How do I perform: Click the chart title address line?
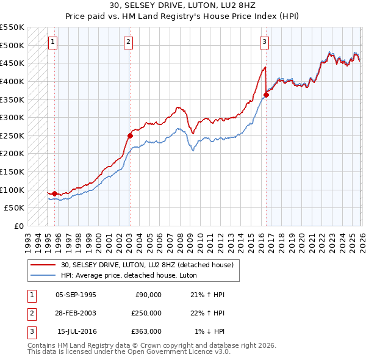point(183,6)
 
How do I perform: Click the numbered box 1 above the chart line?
point(53,42)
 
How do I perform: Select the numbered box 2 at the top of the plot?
point(129,42)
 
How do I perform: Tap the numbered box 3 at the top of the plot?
point(264,42)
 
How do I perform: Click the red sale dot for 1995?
point(55,193)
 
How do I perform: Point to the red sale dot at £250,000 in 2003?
point(130,135)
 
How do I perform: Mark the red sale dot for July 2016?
point(266,95)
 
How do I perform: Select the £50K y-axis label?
point(15,207)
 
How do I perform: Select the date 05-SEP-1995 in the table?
point(76,295)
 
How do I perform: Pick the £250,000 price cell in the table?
point(146,313)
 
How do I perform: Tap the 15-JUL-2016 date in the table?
point(76,331)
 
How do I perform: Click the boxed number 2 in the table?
point(30,313)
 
